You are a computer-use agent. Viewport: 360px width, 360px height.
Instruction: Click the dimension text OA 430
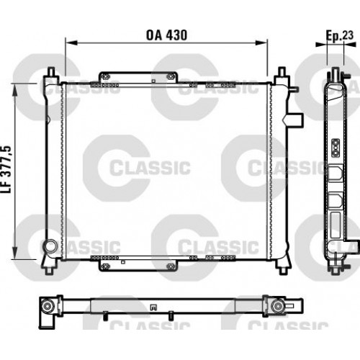pyautogui.click(x=166, y=33)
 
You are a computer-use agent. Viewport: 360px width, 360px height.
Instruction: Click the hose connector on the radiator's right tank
pyautogui.click(x=294, y=119)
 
